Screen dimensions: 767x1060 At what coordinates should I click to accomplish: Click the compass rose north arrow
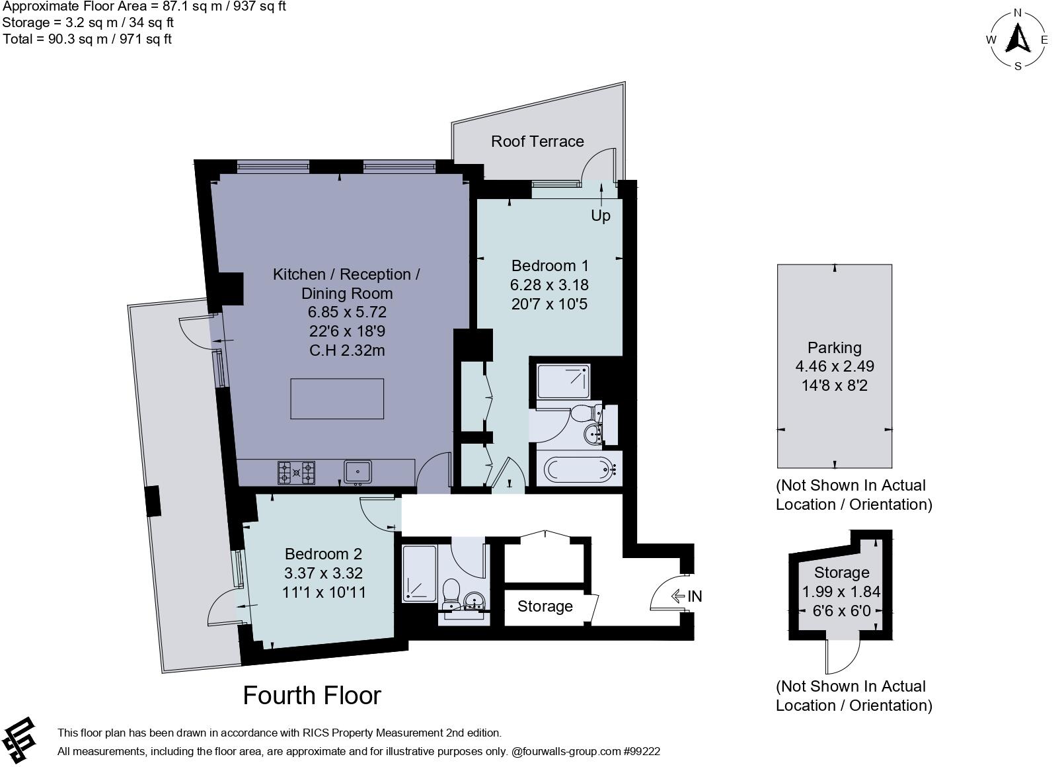(x=1018, y=39)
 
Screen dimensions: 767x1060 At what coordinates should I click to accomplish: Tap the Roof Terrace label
(x=537, y=141)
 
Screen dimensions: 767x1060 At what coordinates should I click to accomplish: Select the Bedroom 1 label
(x=550, y=266)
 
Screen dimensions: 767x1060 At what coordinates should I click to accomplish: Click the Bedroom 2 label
(x=323, y=554)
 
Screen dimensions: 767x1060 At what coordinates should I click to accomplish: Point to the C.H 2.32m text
(x=347, y=350)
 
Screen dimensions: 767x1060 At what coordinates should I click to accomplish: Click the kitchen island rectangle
(x=337, y=399)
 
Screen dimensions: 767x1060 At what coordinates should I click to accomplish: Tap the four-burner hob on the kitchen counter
(x=296, y=472)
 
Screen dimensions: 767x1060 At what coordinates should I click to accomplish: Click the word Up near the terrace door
(x=600, y=216)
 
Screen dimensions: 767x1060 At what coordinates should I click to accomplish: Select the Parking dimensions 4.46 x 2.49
(x=835, y=366)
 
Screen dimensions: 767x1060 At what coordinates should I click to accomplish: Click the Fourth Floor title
(x=312, y=696)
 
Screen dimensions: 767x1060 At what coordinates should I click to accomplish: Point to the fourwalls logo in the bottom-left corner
(x=19, y=739)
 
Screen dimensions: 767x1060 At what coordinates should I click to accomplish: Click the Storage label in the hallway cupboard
(x=545, y=606)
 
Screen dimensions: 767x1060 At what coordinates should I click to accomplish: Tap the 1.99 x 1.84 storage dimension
(x=841, y=592)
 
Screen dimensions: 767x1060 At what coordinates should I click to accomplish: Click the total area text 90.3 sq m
(x=87, y=39)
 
